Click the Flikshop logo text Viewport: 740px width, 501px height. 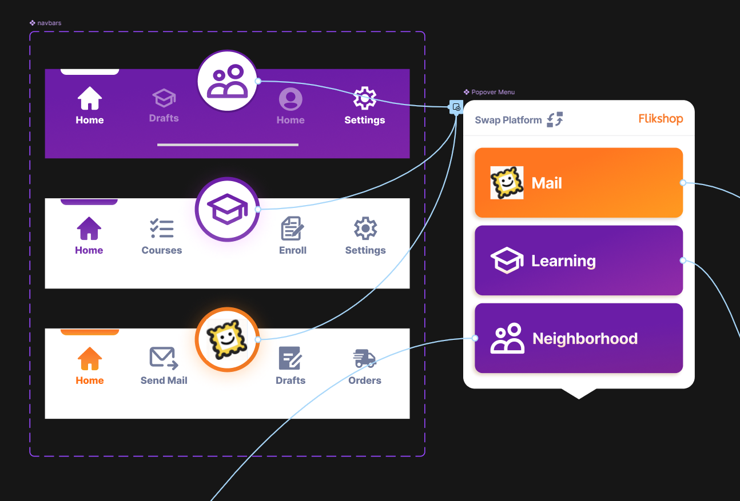pyautogui.click(x=661, y=119)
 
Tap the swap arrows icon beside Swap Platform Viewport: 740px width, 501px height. pyautogui.click(x=555, y=119)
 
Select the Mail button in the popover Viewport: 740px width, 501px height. pyautogui.click(x=578, y=183)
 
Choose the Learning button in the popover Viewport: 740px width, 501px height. pyautogui.click(x=578, y=260)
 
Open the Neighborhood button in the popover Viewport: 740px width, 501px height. pyautogui.click(x=578, y=338)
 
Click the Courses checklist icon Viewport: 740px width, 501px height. pyautogui.click(x=162, y=229)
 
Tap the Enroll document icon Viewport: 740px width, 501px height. pyautogui.click(x=292, y=229)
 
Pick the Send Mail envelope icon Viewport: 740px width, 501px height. pyautogui.click(x=164, y=358)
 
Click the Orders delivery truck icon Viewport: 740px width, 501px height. pyautogui.click(x=364, y=359)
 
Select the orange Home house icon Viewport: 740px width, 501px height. pyautogui.click(x=90, y=359)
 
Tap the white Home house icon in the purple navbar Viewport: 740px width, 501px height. pyautogui.click(x=90, y=98)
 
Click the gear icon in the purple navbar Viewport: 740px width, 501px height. pyautogui.click(x=364, y=98)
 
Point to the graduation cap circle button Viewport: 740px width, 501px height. pyautogui.click(x=227, y=209)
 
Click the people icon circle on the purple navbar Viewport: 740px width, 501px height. pyautogui.click(x=227, y=81)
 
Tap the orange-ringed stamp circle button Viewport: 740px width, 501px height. pyautogui.click(x=227, y=339)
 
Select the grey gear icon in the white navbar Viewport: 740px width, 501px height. pyautogui.click(x=365, y=229)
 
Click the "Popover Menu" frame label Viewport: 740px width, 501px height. pyautogui.click(x=492, y=92)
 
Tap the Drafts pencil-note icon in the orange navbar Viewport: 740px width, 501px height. pyautogui.click(x=291, y=359)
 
